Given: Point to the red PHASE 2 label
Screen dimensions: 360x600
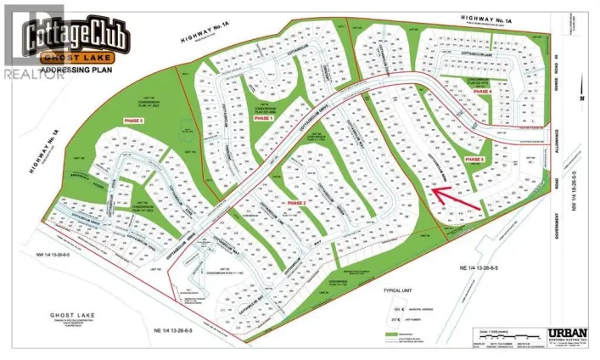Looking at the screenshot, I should click(297, 204).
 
